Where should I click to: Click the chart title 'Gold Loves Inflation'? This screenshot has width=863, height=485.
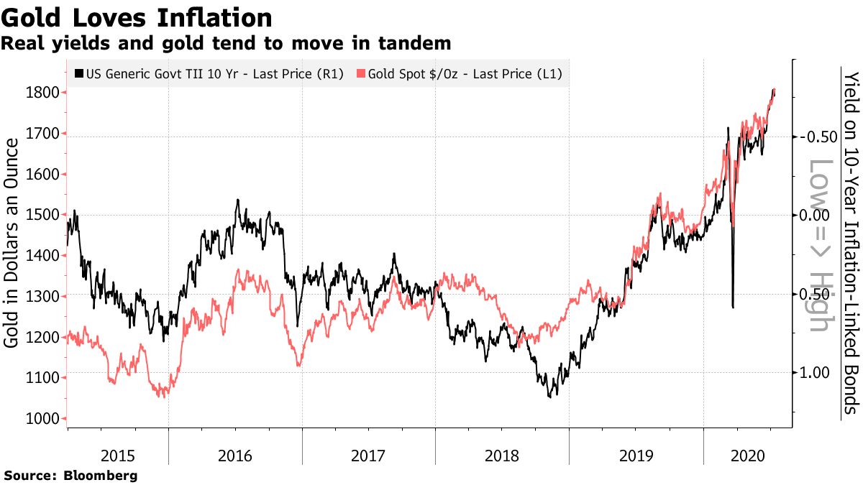coord(137,17)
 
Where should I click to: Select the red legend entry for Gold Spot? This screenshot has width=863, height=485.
coord(464,73)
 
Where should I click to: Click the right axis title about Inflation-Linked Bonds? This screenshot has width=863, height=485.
coord(851,243)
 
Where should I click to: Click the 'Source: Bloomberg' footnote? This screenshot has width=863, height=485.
coord(70,476)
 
